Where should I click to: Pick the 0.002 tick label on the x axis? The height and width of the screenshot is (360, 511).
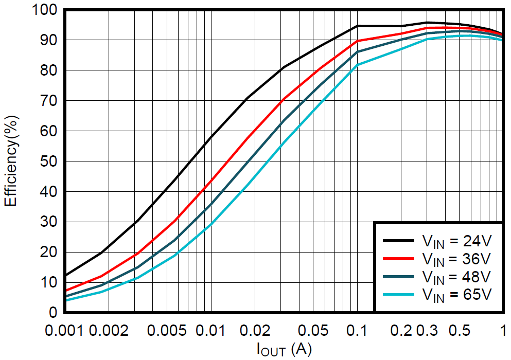pos(109,329)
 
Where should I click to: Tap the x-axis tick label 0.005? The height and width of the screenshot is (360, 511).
pos(167,329)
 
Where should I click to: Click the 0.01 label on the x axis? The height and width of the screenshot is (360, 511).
pos(211,329)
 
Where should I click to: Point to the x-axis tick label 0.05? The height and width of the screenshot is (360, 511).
pos(313,329)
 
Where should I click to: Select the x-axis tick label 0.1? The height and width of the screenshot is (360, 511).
pos(357,329)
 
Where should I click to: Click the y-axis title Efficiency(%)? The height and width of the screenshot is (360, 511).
pos(11,161)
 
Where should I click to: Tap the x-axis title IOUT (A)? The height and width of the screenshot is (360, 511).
pos(284,350)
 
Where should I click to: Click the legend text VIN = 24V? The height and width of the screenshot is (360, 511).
pos(456,240)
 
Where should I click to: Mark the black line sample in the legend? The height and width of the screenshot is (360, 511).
pos(399,240)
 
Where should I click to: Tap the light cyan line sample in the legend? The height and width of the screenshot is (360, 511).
pos(399,294)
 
